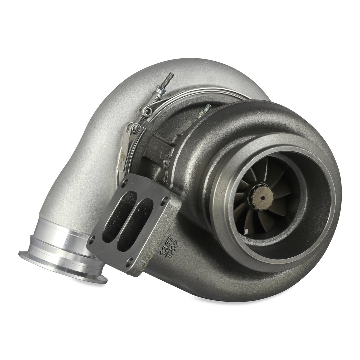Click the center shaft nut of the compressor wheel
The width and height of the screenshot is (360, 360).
pos(262,197)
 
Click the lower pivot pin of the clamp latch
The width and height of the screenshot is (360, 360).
pos(136,128)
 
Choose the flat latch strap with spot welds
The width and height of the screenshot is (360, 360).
pos(124,150)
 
